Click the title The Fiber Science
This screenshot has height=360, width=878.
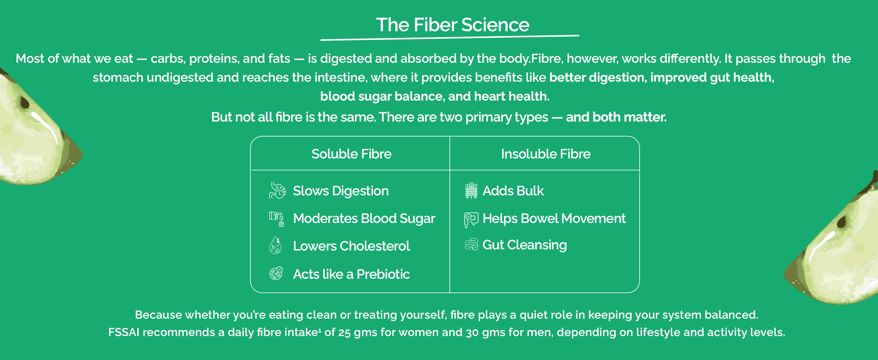[452, 25]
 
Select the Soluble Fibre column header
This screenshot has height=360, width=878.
[351, 154]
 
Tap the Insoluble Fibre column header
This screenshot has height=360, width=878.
[546, 154]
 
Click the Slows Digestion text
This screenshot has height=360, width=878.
[341, 191]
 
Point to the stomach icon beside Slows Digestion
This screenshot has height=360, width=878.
[277, 190]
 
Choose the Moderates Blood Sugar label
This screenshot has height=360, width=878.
[364, 218]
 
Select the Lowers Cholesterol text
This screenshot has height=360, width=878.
[351, 246]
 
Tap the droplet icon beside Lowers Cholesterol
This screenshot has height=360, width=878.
[275, 245]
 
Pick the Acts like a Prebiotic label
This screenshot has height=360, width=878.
[351, 274]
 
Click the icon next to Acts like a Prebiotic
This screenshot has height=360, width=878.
[276, 273]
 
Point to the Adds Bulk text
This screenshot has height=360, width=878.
[513, 191]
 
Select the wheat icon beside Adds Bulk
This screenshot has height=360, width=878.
[471, 190]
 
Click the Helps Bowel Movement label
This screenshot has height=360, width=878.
[554, 218]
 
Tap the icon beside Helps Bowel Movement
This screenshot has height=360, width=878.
[471, 220]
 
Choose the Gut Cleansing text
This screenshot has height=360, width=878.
[524, 245]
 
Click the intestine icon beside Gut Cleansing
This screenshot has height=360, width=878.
[471, 244]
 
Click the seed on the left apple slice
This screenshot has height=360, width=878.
[25, 102]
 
